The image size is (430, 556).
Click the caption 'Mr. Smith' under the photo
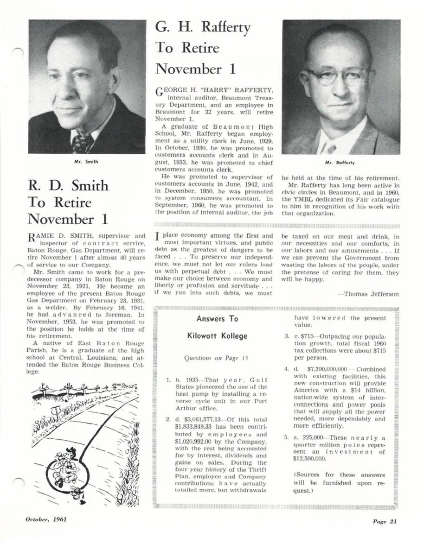(86, 162)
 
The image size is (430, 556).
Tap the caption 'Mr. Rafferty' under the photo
(341, 162)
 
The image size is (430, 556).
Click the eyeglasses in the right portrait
(338, 76)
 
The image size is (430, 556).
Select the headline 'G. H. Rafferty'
(203, 28)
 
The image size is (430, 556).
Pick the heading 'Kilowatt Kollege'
(217, 336)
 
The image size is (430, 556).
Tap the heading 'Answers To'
(217, 319)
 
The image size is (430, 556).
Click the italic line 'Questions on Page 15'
(217, 358)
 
